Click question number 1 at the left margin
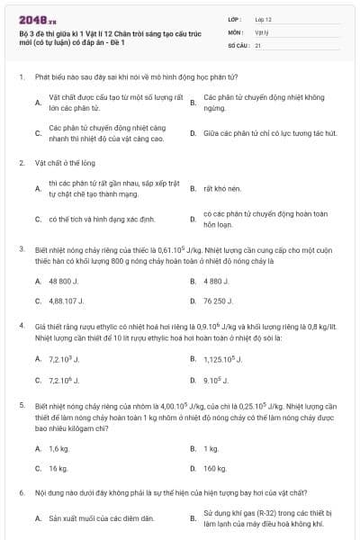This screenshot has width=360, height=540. coord(21,78)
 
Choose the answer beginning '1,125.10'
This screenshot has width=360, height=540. coord(224,359)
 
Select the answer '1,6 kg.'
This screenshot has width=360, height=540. coord(59,448)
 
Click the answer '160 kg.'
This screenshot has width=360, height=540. coord(215,468)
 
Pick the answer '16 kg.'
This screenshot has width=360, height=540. coord(58,468)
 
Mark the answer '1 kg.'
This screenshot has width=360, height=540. coord(211,448)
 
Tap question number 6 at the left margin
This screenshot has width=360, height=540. coord(21,494)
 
